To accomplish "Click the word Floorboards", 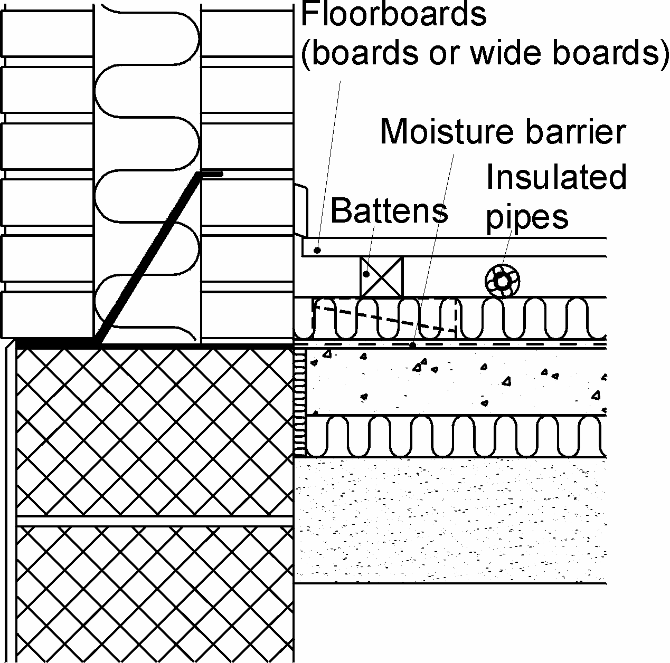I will point(393,14).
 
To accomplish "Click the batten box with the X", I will point(381,276).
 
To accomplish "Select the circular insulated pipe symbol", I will point(503,281).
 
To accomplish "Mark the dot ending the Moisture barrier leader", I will point(413,345).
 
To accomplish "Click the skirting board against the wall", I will point(301,210).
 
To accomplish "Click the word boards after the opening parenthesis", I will point(358,53).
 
